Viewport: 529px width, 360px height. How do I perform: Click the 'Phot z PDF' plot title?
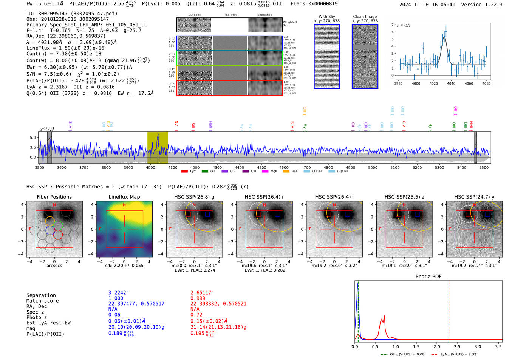(x=428, y=277)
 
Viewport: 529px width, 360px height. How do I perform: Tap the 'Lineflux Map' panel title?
(x=124, y=197)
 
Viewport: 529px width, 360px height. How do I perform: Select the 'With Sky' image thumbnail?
(x=327, y=56)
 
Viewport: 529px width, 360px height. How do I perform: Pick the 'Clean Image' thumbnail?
(x=365, y=56)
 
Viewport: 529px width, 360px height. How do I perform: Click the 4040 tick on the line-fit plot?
(x=451, y=83)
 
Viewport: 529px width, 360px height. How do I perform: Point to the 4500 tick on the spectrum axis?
(x=261, y=168)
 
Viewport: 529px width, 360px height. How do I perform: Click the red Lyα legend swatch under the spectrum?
(x=184, y=172)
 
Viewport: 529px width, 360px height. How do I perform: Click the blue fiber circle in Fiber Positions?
(x=50, y=230)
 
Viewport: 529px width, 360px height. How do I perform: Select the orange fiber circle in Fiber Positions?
(x=50, y=221)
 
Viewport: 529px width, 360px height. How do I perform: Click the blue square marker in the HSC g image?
(x=207, y=214)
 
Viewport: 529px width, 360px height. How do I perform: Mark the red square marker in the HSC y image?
(x=469, y=214)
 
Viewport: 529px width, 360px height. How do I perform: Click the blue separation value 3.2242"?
(x=119, y=293)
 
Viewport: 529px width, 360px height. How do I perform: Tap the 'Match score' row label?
(x=42, y=301)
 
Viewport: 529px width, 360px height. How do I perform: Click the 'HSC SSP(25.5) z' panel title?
(x=404, y=197)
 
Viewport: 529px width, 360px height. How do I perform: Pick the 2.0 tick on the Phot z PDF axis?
(x=437, y=346)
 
